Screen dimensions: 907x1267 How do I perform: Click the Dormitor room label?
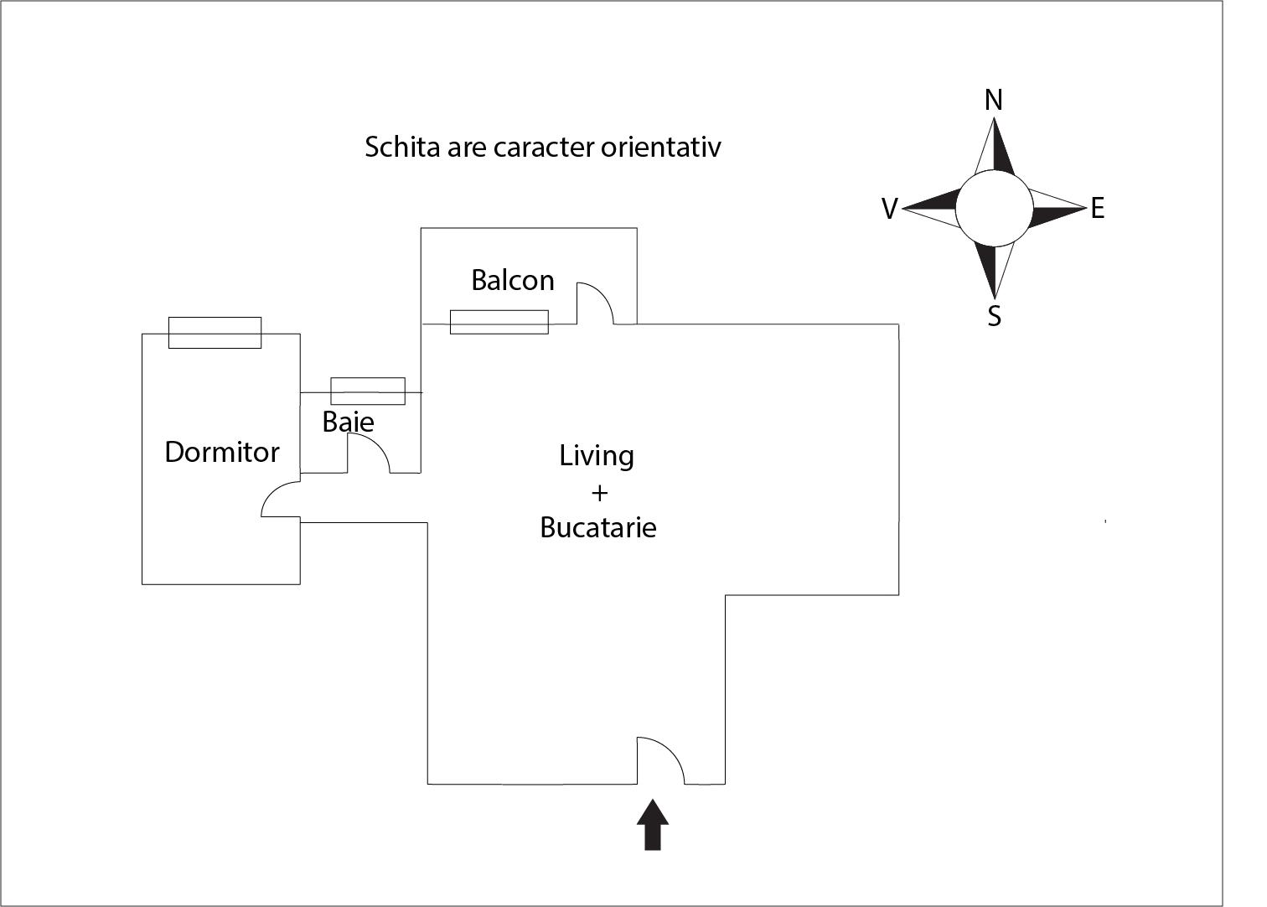[x=222, y=452]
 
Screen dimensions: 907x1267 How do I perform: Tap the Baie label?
[x=348, y=421]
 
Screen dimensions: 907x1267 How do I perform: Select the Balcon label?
[x=513, y=279]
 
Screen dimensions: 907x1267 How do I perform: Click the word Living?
[x=597, y=456]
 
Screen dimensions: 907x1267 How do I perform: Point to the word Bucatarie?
[x=597, y=527]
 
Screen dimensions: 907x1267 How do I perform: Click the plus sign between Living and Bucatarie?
[x=599, y=492]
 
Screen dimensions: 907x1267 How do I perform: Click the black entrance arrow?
[x=653, y=825]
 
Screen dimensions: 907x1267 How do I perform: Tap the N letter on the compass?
[x=993, y=101]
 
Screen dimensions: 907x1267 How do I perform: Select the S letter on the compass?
[x=994, y=317]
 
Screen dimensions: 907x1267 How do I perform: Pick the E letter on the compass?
[x=1097, y=208]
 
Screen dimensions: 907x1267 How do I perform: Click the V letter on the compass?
[x=890, y=209]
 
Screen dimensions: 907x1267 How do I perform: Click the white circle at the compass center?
[x=994, y=208]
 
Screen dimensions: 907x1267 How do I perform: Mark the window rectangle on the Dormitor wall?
[x=215, y=333]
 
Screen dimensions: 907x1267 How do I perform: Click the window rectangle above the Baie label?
[x=368, y=391]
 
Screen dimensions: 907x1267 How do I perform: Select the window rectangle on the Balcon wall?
[x=499, y=322]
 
